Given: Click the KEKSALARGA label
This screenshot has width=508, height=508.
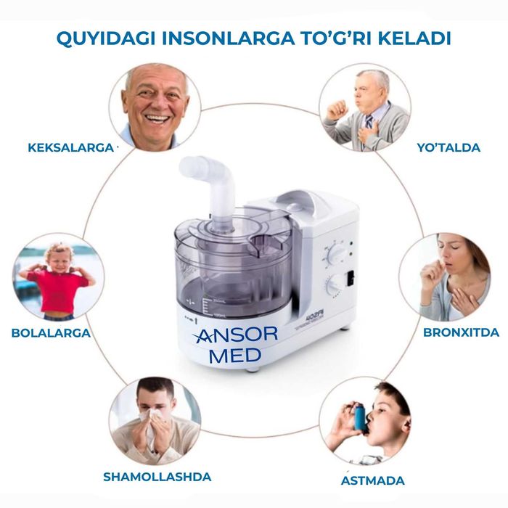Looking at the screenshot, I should click(x=70, y=147).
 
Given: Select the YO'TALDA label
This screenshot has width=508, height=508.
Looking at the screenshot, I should click(x=448, y=147).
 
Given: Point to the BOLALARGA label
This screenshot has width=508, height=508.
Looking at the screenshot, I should click(x=51, y=333).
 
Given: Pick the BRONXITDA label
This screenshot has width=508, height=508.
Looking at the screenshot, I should click(x=462, y=332).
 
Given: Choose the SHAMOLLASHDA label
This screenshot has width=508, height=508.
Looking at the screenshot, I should click(x=157, y=477).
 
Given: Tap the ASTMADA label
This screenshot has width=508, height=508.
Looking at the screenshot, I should click(x=373, y=480).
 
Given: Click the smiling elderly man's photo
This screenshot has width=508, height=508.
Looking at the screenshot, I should click(x=155, y=105).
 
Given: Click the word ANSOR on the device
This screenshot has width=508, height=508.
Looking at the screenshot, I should click(x=236, y=335).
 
